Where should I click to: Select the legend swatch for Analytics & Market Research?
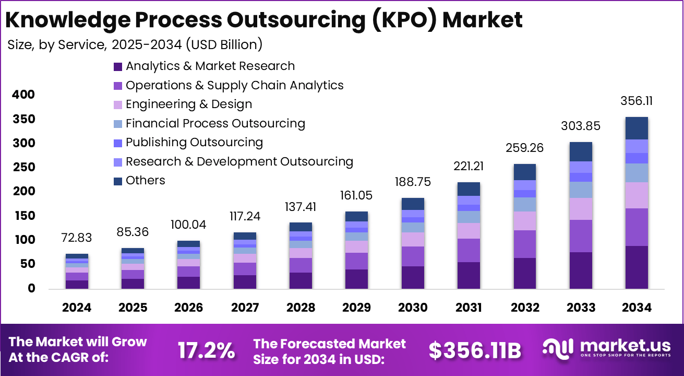(118, 67)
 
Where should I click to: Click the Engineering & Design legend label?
(189, 104)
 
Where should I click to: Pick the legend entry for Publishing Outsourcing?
(194, 142)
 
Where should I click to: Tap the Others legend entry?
(145, 181)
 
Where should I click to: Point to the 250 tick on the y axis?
(24, 167)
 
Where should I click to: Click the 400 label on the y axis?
(24, 95)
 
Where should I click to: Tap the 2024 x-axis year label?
(77, 308)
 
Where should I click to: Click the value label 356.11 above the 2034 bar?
(637, 101)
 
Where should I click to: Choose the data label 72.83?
(77, 238)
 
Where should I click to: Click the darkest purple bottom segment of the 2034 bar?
(637, 267)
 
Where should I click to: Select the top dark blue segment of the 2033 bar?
(581, 151)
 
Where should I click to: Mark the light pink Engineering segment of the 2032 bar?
(524, 221)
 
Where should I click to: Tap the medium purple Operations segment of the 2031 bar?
(469, 250)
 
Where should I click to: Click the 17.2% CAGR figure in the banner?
(206, 350)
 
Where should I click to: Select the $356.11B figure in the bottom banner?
(475, 350)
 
